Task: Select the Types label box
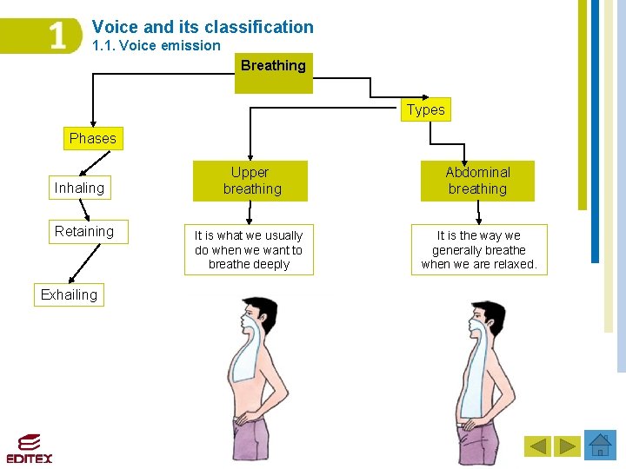pyautogui.click(x=425, y=109)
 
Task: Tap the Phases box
pyautogui.click(x=93, y=138)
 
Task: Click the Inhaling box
pyautogui.click(x=79, y=188)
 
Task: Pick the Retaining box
pyautogui.click(x=84, y=231)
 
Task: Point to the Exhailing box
pyautogui.click(x=69, y=294)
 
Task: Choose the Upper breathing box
pyautogui.click(x=250, y=181)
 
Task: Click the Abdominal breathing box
pyautogui.click(x=477, y=181)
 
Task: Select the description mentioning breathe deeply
pyautogui.click(x=249, y=250)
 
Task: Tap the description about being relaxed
pyautogui.click(x=479, y=250)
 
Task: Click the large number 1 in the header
pyautogui.click(x=57, y=36)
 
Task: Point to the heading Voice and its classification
pyautogui.click(x=203, y=27)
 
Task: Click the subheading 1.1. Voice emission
pyautogui.click(x=156, y=45)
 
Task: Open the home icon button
pyautogui.click(x=600, y=446)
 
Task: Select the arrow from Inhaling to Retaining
pyautogui.click(x=83, y=209)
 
